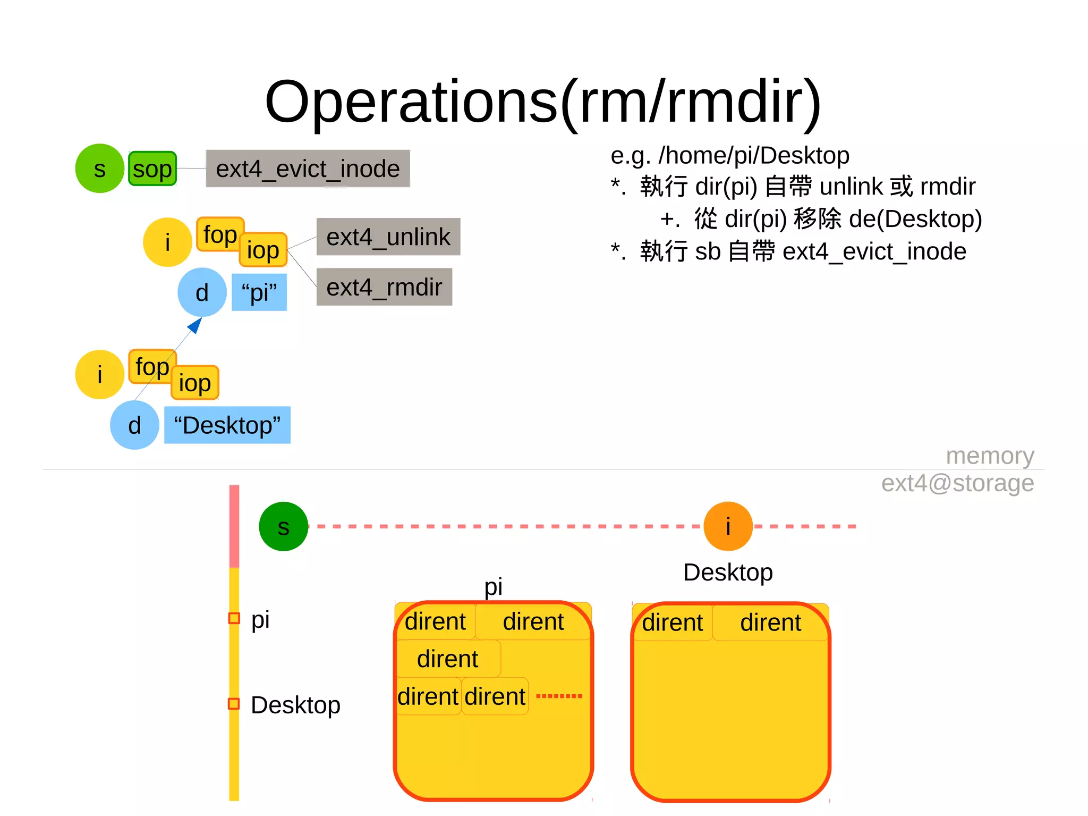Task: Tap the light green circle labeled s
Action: [x=99, y=169]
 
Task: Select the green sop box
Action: [x=152, y=169]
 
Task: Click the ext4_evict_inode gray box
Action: [x=308, y=169]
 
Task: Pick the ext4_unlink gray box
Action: [x=388, y=237]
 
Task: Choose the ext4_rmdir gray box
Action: [x=384, y=288]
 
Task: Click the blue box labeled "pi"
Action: [x=259, y=292]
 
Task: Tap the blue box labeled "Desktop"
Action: [x=227, y=425]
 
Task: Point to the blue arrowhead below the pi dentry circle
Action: [x=195, y=325]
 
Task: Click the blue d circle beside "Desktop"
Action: [x=134, y=425]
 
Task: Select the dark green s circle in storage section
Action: [x=283, y=527]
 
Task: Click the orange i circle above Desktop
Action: [x=728, y=527]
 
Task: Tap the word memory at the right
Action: [x=990, y=456]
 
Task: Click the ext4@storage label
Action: [x=957, y=483]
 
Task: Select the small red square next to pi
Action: [x=234, y=618]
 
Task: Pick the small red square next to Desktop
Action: [x=234, y=704]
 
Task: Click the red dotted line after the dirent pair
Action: [x=559, y=696]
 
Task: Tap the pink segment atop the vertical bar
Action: [x=234, y=526]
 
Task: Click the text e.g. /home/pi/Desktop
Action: [x=729, y=156]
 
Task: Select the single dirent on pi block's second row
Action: [x=447, y=659]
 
